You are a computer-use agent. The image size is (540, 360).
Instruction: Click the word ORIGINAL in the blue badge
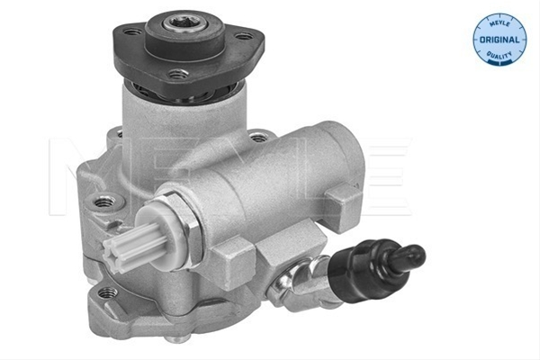point(499,40)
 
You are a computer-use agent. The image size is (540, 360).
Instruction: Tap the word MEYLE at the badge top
point(499,22)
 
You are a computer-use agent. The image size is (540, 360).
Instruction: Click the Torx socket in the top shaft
point(184,22)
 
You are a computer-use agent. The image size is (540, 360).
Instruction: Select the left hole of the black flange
point(132,32)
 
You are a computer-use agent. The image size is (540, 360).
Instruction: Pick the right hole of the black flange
point(244,36)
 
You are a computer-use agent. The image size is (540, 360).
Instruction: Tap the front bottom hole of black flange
point(177,73)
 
